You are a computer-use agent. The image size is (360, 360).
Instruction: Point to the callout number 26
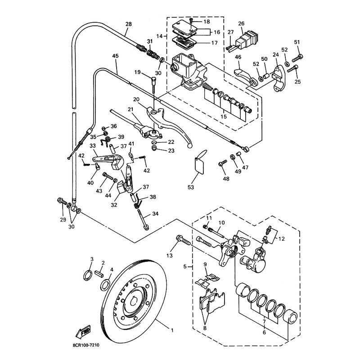[x=241, y=23]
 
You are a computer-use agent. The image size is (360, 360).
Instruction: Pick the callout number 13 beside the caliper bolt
[x=169, y=256]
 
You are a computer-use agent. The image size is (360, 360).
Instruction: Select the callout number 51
[x=297, y=42]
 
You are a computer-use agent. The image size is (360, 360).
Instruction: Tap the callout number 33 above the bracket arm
[x=93, y=145]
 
